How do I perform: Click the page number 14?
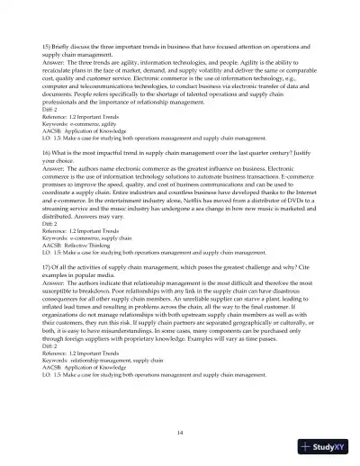[180, 432]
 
